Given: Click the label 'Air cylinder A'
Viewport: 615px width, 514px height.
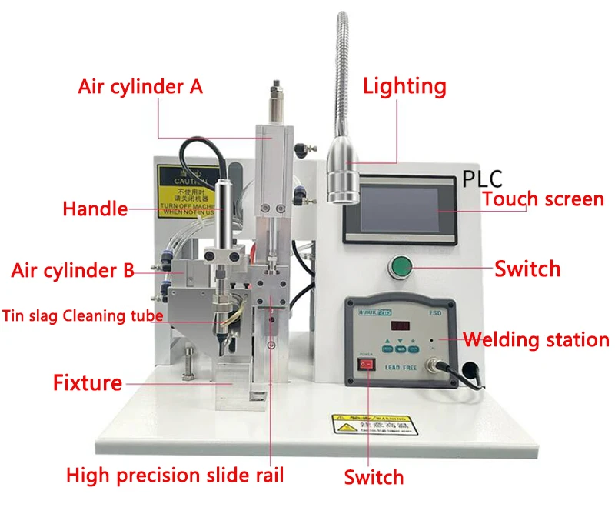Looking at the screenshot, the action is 141,86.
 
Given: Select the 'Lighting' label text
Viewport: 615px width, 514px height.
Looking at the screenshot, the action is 404,85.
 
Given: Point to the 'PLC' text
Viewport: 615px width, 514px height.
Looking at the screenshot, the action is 482,179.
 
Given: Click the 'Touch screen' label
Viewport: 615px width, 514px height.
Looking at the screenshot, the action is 543,199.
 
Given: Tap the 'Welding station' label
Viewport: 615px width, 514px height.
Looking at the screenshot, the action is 537,339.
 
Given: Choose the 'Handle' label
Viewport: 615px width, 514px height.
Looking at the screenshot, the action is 95,209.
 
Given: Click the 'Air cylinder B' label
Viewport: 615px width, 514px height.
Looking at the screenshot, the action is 72,270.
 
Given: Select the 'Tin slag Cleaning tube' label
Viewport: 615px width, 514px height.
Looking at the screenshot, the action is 83,315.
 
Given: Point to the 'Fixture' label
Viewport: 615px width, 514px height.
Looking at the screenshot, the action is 87,382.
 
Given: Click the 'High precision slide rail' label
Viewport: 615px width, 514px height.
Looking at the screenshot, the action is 175,475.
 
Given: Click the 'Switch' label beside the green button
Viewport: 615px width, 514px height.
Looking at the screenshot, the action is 527,269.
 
